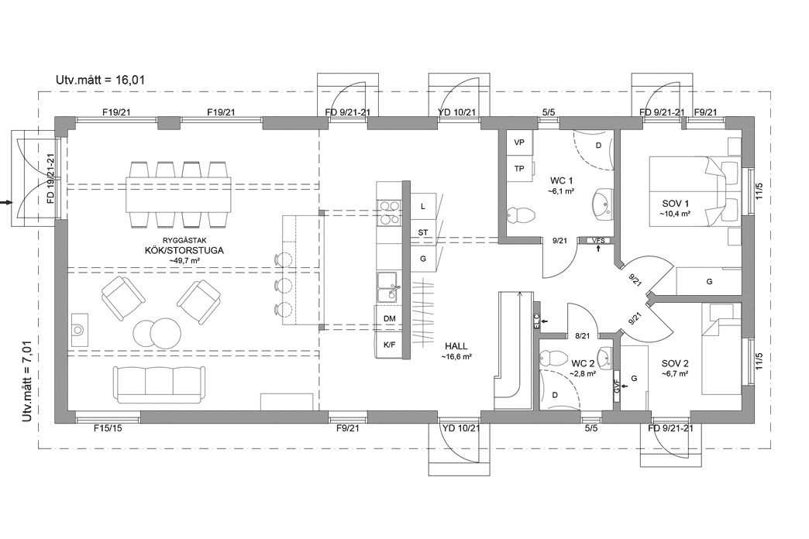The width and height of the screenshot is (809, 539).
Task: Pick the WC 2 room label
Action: [x=583, y=362]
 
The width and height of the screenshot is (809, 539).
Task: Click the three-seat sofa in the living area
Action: [x=160, y=383]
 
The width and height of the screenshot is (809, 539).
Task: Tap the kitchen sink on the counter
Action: [x=388, y=287]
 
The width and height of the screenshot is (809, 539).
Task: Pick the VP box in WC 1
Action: [x=519, y=142]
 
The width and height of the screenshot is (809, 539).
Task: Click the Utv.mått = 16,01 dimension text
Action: [x=101, y=80]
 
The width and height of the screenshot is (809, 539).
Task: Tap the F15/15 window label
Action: [x=108, y=428]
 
